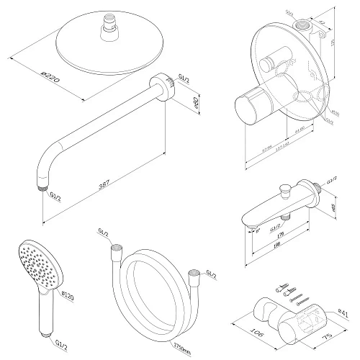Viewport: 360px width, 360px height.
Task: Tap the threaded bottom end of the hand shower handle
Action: tap(44, 332)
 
